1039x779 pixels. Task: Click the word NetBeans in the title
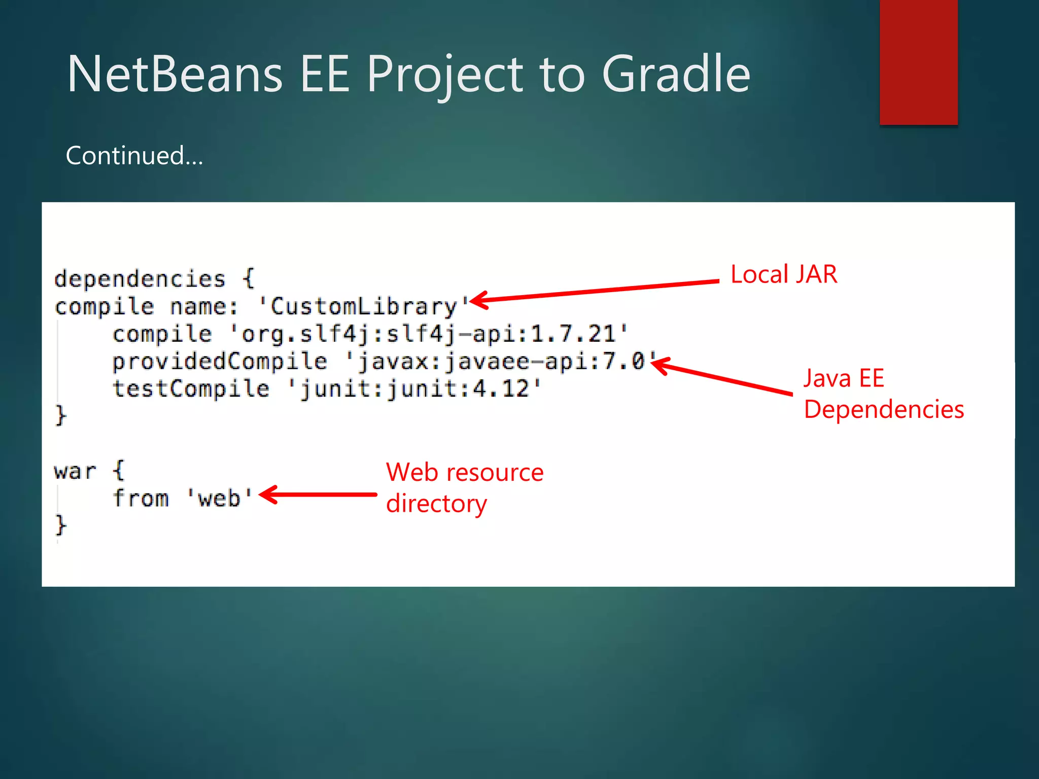click(x=175, y=75)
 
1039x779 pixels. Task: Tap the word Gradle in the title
click(x=676, y=75)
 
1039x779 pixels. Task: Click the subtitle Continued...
click(x=134, y=155)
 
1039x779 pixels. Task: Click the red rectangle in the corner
click(x=918, y=62)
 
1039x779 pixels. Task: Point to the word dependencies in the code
click(x=140, y=279)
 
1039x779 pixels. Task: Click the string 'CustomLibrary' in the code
click(x=363, y=306)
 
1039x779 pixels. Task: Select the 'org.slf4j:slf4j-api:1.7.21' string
click(x=429, y=334)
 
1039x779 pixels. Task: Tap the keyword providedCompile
click(x=220, y=361)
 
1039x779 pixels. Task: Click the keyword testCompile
click(x=191, y=388)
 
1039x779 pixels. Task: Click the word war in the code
click(x=75, y=471)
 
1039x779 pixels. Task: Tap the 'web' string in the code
click(x=219, y=499)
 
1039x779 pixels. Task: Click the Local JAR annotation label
click(x=784, y=274)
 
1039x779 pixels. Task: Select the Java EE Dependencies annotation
click(x=883, y=394)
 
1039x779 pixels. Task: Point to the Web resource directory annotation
click(x=464, y=487)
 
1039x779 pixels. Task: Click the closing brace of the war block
click(x=60, y=525)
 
